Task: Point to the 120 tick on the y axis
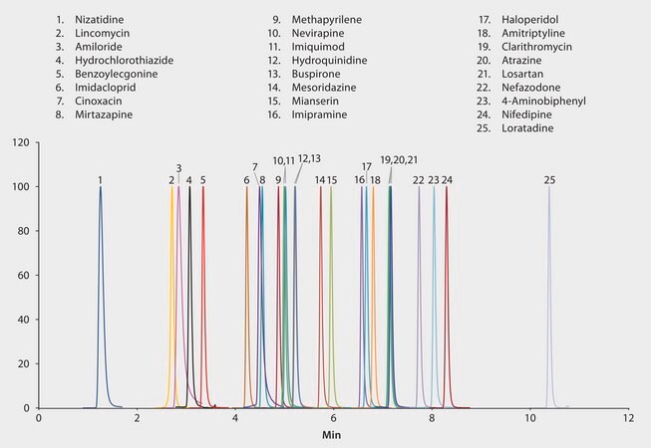[x=18, y=142]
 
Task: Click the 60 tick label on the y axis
[x=22, y=276]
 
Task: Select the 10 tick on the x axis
[x=529, y=420]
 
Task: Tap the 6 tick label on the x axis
[x=333, y=420]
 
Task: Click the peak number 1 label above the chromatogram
[x=101, y=180]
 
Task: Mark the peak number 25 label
[x=550, y=180]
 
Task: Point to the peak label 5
[x=203, y=180]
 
